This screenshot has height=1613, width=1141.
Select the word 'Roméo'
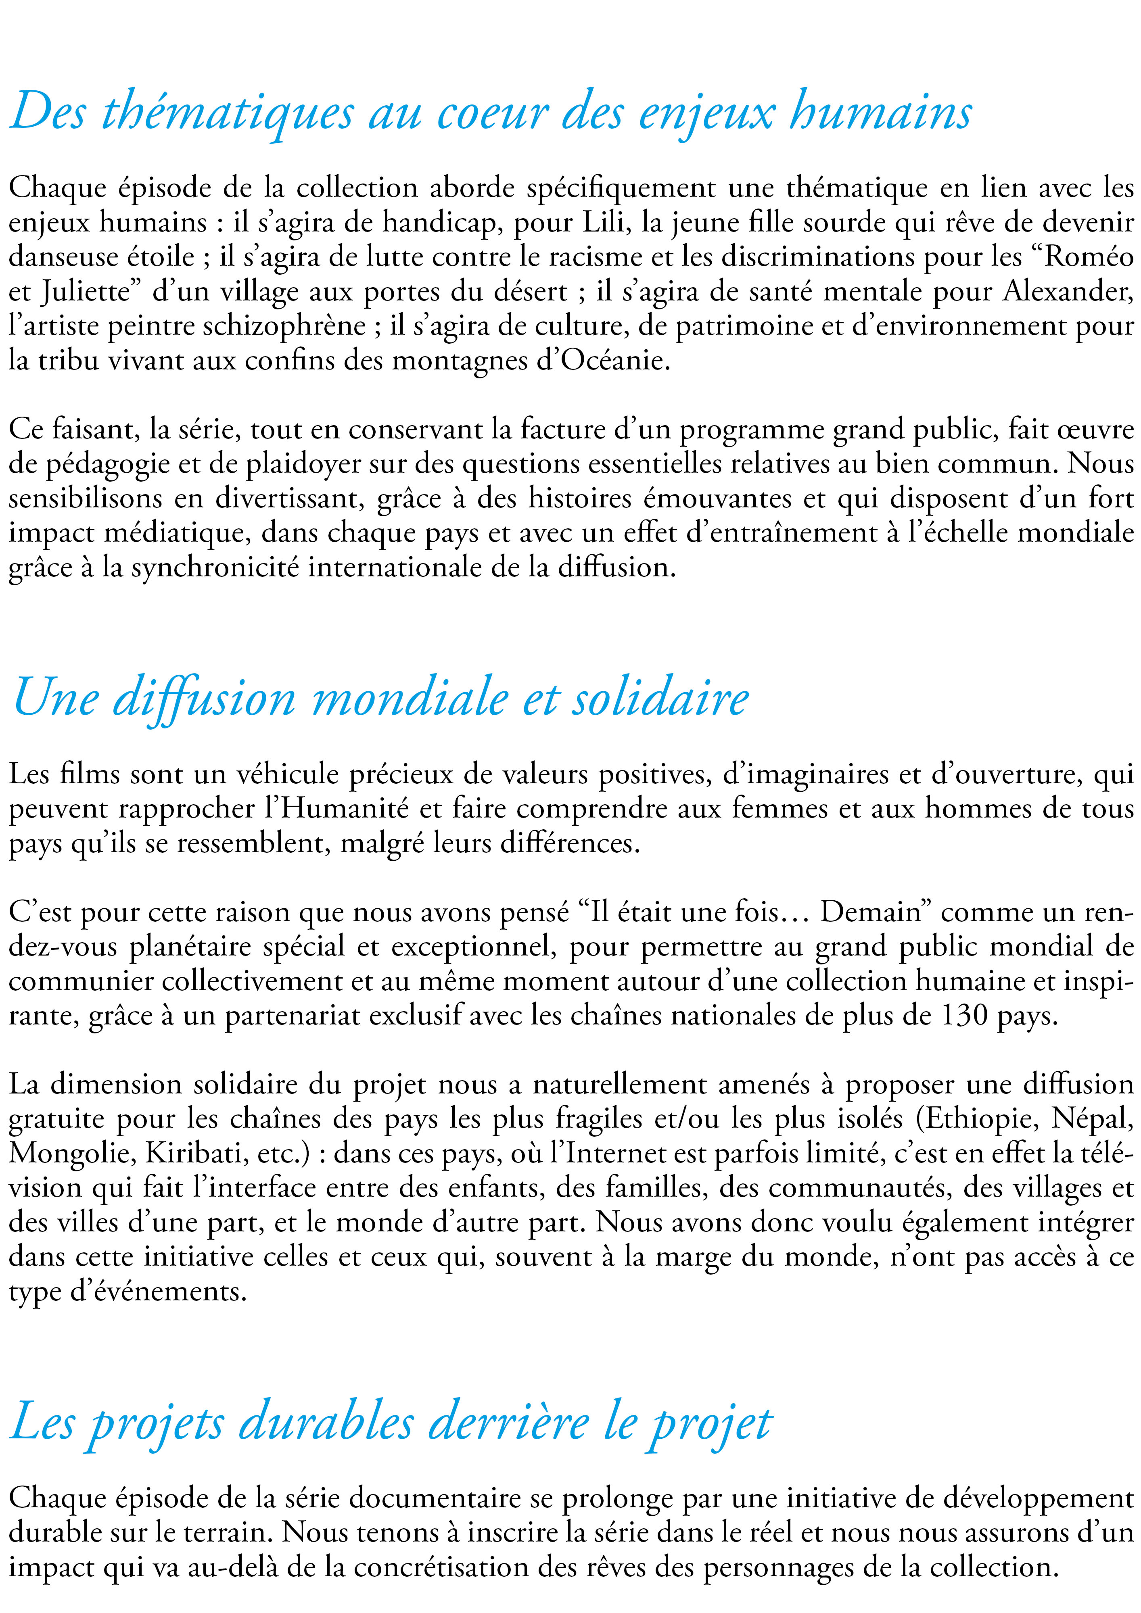coord(1089,257)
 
